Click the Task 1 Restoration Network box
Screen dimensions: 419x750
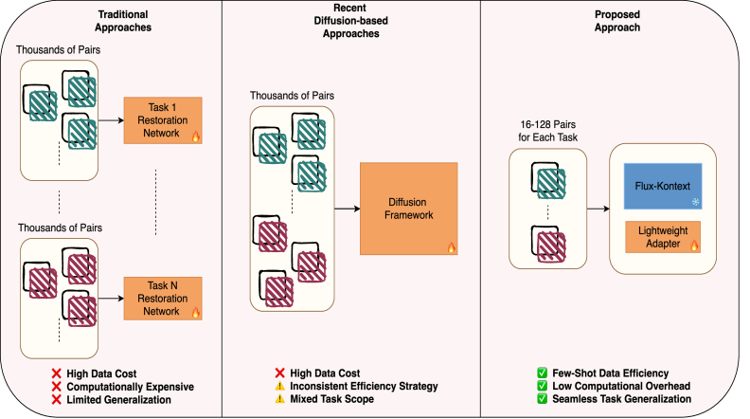point(163,119)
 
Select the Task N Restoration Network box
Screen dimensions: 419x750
point(163,297)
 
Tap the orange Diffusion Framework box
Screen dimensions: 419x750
point(408,209)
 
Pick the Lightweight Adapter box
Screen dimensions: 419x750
point(660,237)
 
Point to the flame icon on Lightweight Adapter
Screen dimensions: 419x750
point(694,246)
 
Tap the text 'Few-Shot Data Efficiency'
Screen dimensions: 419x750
point(611,373)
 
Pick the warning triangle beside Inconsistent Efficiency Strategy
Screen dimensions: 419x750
point(280,388)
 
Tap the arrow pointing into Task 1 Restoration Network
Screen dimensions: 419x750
point(111,120)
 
